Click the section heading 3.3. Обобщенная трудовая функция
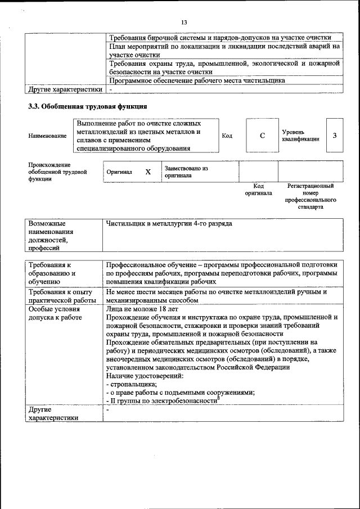coord(88,106)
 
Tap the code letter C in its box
coord(262,136)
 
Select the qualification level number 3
coord(335,136)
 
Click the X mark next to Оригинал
coord(148,172)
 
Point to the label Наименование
coord(47,136)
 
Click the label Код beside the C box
coord(227,136)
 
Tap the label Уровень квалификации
coord(300,136)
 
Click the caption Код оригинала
coord(258,190)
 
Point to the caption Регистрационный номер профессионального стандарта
coord(310,196)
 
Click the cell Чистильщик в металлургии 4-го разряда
coord(169,224)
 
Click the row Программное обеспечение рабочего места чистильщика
coord(197,80)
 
